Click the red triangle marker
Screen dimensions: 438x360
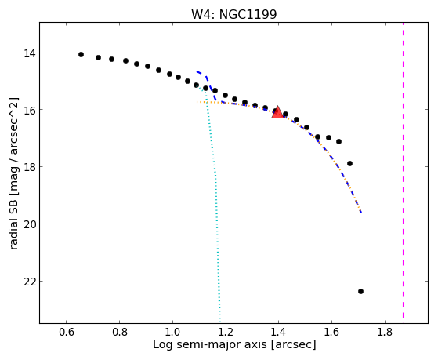point(277,113)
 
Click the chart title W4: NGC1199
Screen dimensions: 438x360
point(233,15)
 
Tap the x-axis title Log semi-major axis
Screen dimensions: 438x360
point(234,344)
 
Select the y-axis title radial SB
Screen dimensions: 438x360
point(14,173)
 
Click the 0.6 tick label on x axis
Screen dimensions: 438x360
point(67,333)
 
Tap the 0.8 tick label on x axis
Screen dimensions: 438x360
point(120,333)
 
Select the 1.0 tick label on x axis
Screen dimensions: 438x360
point(172,333)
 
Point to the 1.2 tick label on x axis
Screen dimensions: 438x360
point(226,333)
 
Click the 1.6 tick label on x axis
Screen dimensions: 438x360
point(332,333)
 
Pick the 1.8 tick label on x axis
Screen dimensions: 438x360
point(385,333)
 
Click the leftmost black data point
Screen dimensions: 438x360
point(81,55)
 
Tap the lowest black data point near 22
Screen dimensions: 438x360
point(360,292)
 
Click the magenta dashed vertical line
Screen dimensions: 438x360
point(403,170)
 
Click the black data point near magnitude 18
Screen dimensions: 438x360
point(349,164)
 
